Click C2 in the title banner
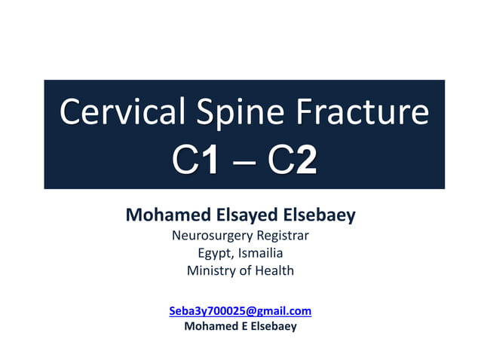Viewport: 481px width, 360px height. click(x=290, y=162)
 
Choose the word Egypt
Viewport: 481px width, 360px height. click(x=213, y=253)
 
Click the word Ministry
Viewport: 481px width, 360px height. click(x=210, y=270)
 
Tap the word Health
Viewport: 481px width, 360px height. click(x=273, y=270)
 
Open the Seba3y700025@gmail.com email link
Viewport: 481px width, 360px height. click(x=240, y=310)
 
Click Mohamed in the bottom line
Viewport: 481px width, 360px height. click(x=207, y=326)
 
